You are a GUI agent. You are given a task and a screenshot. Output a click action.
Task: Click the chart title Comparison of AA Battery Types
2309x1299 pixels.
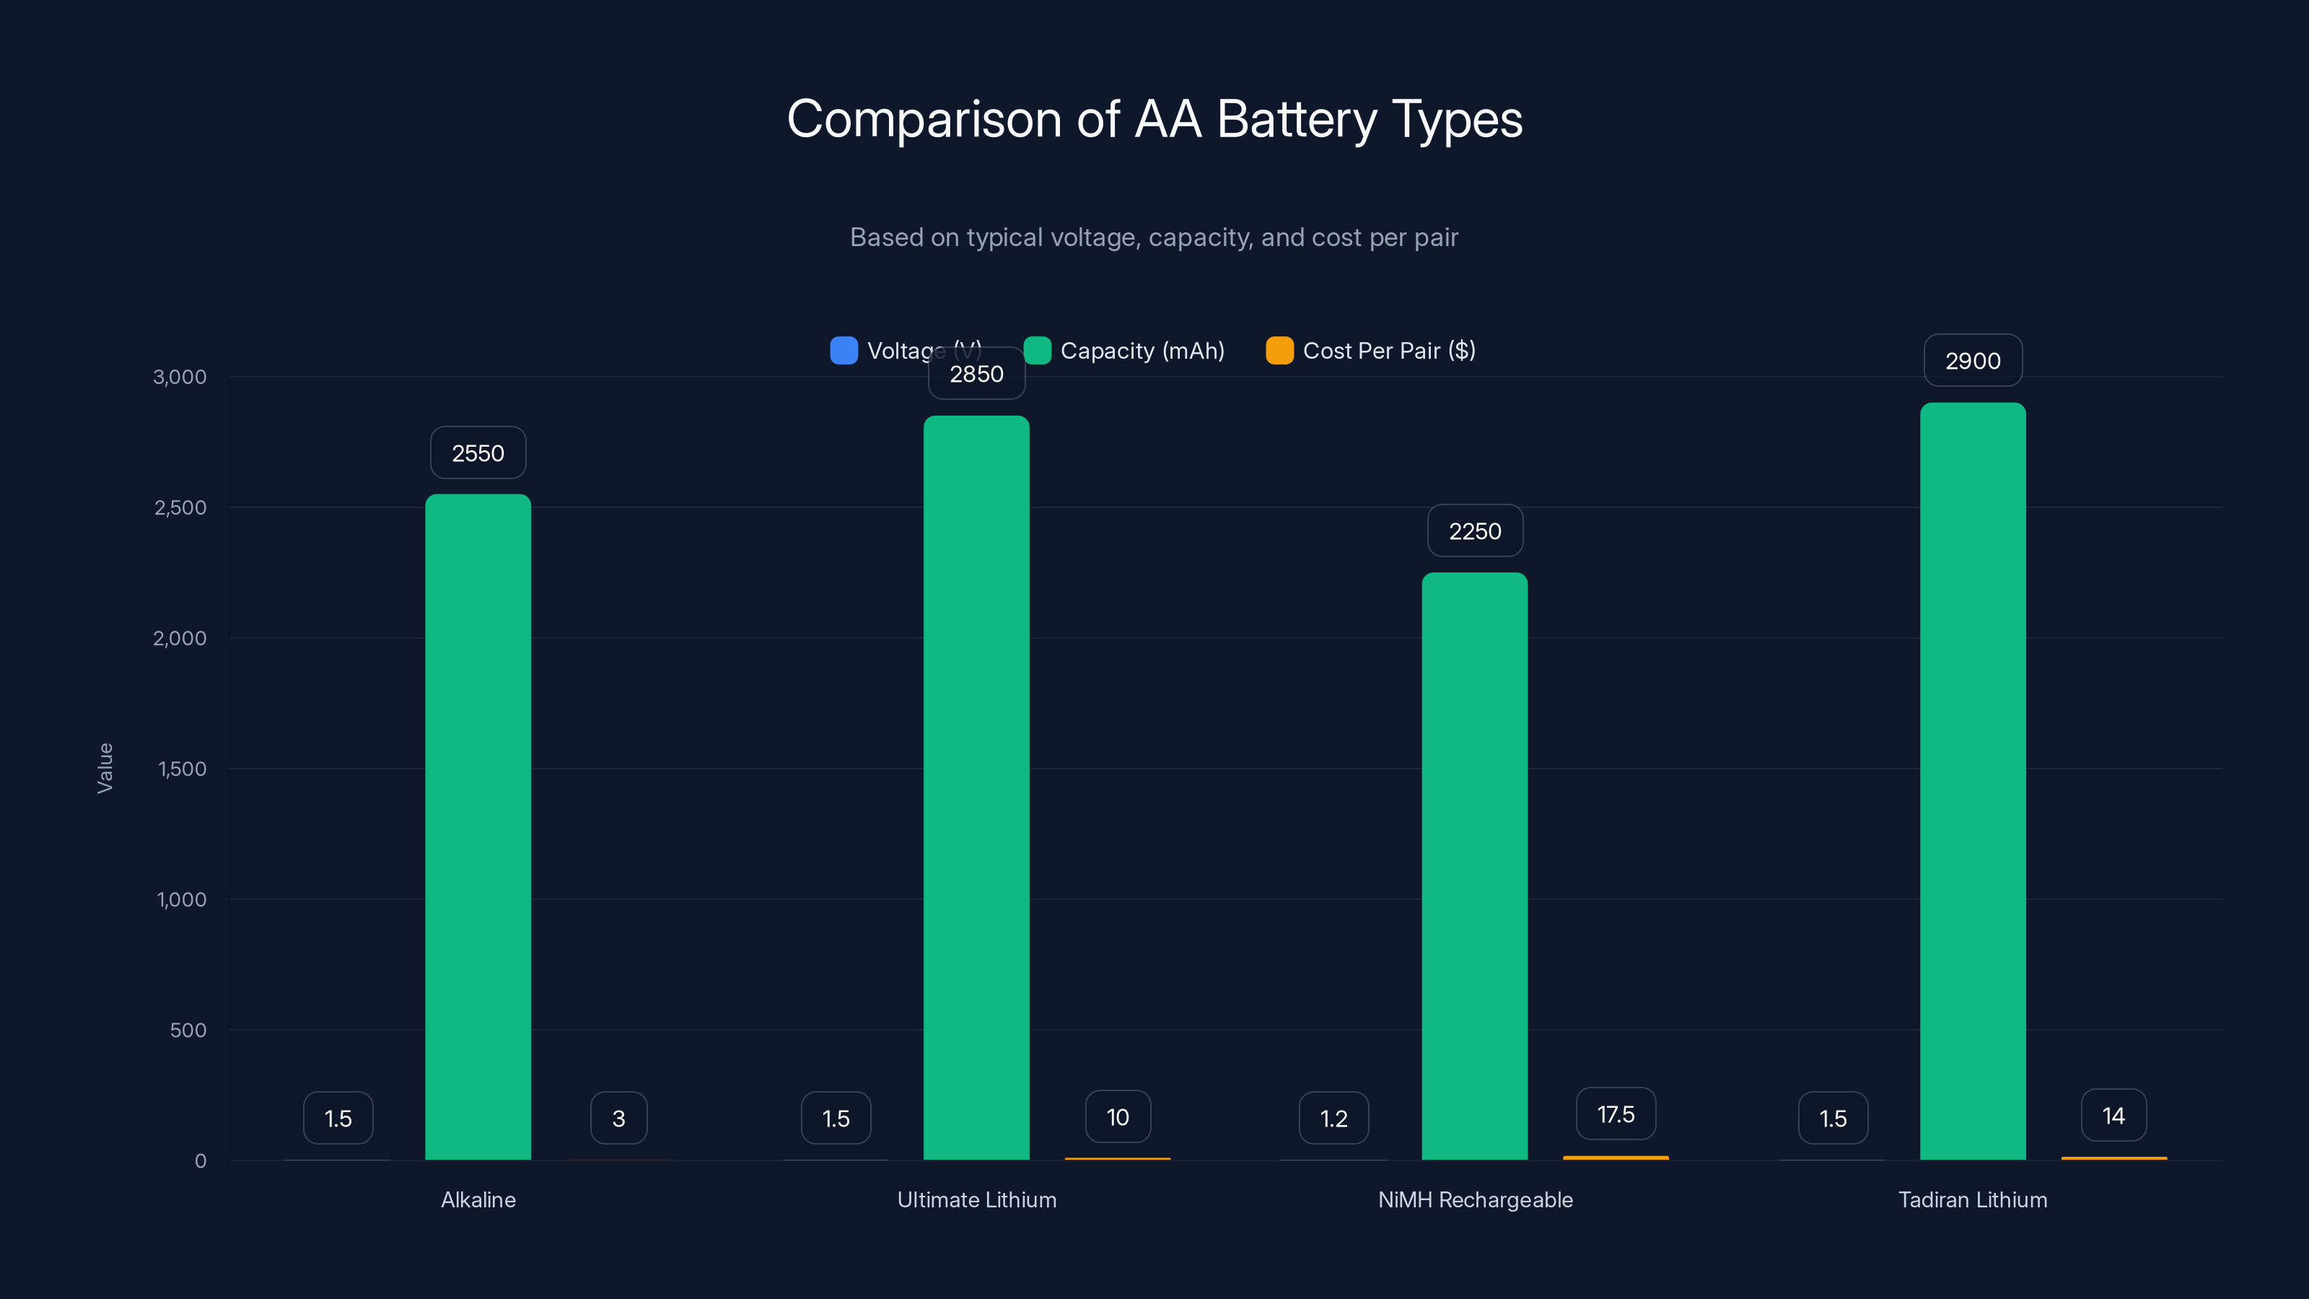tap(1154, 119)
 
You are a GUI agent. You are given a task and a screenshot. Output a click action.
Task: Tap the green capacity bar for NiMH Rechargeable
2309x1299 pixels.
tap(1474, 865)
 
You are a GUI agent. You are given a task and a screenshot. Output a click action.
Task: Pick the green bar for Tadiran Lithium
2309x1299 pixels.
tap(1972, 780)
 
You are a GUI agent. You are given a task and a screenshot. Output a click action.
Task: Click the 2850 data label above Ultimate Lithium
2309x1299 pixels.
tap(976, 374)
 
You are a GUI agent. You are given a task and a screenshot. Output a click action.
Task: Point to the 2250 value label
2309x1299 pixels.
tap(1474, 530)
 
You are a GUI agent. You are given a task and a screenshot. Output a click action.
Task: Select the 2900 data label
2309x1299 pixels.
tap(1972, 360)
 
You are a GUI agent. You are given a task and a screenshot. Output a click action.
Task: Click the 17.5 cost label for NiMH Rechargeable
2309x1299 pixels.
tap(1616, 1114)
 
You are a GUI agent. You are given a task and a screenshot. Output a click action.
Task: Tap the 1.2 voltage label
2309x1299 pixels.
tap(1333, 1118)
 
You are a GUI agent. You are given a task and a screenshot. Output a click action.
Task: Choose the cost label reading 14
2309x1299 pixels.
tap(2113, 1115)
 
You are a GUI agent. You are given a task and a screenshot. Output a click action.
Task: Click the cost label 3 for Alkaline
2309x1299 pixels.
tap(618, 1118)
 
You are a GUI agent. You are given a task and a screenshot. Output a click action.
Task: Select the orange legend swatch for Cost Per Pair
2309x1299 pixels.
tap(1279, 351)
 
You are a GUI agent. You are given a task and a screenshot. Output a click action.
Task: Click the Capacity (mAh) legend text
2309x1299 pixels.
tap(1142, 351)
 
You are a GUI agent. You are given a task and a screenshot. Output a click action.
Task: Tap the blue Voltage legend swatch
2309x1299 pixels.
tap(844, 351)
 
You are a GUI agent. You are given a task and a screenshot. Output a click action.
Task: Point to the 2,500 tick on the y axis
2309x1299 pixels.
tap(180, 507)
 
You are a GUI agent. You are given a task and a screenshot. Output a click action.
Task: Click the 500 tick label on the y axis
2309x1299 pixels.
tap(188, 1030)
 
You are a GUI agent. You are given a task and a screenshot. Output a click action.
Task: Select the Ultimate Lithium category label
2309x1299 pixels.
tap(976, 1199)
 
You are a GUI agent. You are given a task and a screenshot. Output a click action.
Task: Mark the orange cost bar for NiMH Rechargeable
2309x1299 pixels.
tap(1616, 1158)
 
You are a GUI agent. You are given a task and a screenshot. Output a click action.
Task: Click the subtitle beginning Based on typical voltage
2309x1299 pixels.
tap(1154, 237)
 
